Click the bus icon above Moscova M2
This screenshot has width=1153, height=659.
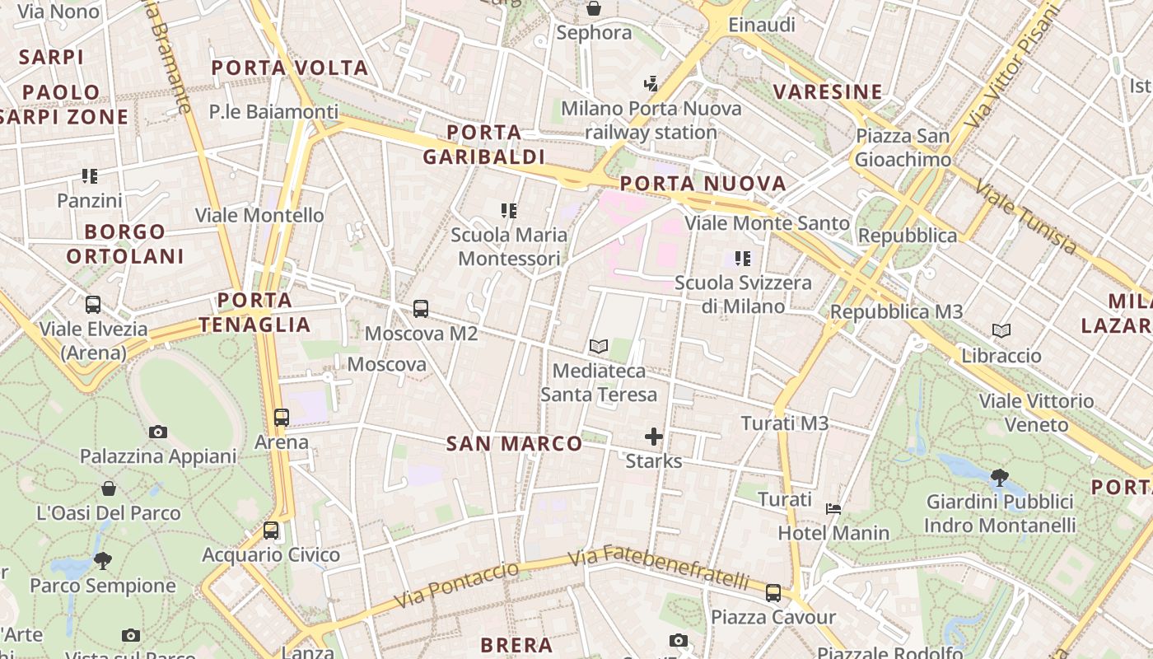[421, 309]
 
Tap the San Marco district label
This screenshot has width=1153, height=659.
[514, 444]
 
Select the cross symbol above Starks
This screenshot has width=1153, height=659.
[654, 436]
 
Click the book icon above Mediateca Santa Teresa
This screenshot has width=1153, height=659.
[599, 347]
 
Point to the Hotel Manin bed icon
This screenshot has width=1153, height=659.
[833, 508]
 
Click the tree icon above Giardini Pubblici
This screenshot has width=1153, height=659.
[999, 477]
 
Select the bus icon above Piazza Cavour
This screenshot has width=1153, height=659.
[773, 592]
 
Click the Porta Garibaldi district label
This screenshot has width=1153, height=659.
[484, 144]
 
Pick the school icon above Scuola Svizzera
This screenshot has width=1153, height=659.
[743, 259]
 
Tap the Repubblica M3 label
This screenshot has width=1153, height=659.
[896, 312]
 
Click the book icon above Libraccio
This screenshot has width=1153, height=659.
[1001, 331]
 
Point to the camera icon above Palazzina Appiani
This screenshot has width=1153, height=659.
[158, 432]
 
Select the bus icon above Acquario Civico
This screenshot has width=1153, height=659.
[271, 530]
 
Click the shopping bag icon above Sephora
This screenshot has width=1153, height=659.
[594, 8]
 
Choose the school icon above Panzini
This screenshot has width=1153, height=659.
[90, 175]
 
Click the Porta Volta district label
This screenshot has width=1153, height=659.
[290, 68]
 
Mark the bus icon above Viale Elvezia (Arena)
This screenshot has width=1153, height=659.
[93, 304]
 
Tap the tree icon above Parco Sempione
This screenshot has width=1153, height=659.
[103, 561]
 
